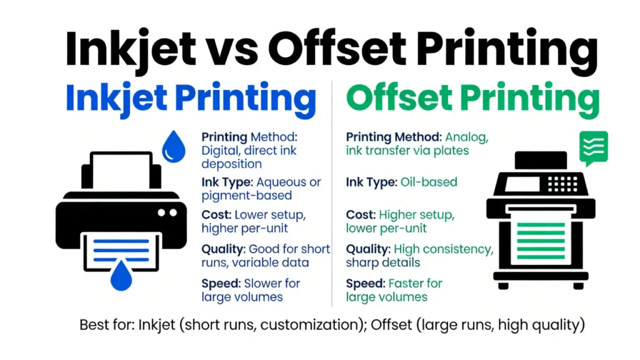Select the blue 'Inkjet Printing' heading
(x=191, y=100)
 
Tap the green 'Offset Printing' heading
(x=472, y=100)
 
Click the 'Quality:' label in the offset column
(x=367, y=249)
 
